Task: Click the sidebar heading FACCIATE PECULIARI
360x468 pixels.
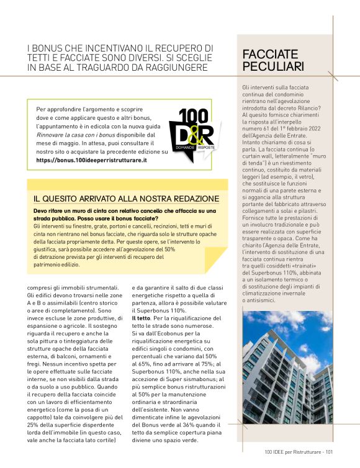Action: click(x=273, y=60)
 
